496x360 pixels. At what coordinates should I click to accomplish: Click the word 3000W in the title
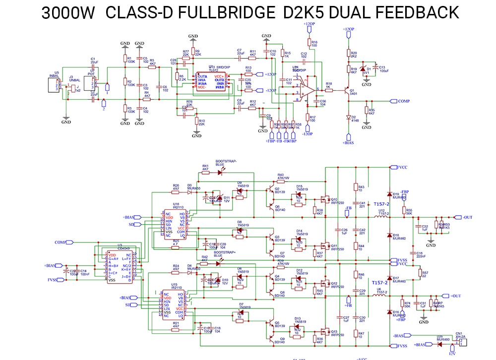pos(67,13)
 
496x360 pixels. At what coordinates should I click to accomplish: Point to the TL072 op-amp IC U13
pos(211,82)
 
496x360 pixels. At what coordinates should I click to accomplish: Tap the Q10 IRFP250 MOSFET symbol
pos(325,199)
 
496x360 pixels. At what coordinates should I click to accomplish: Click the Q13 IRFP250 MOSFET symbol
pos(325,331)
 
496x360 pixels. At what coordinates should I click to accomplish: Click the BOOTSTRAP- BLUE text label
pos(226,163)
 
